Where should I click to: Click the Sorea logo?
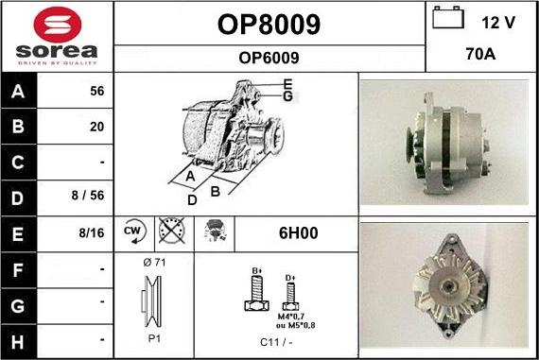coord(57,36)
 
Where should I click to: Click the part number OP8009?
coord(269,25)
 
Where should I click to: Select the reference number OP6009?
coord(269,58)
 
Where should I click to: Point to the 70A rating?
coord(481,55)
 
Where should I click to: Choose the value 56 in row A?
coord(96,93)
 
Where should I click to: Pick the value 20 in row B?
coord(96,126)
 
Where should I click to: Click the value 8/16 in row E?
coord(93,232)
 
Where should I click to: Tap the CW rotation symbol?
coord(132,232)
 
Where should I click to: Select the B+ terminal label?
coord(255,272)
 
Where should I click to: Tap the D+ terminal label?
coord(290,278)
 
